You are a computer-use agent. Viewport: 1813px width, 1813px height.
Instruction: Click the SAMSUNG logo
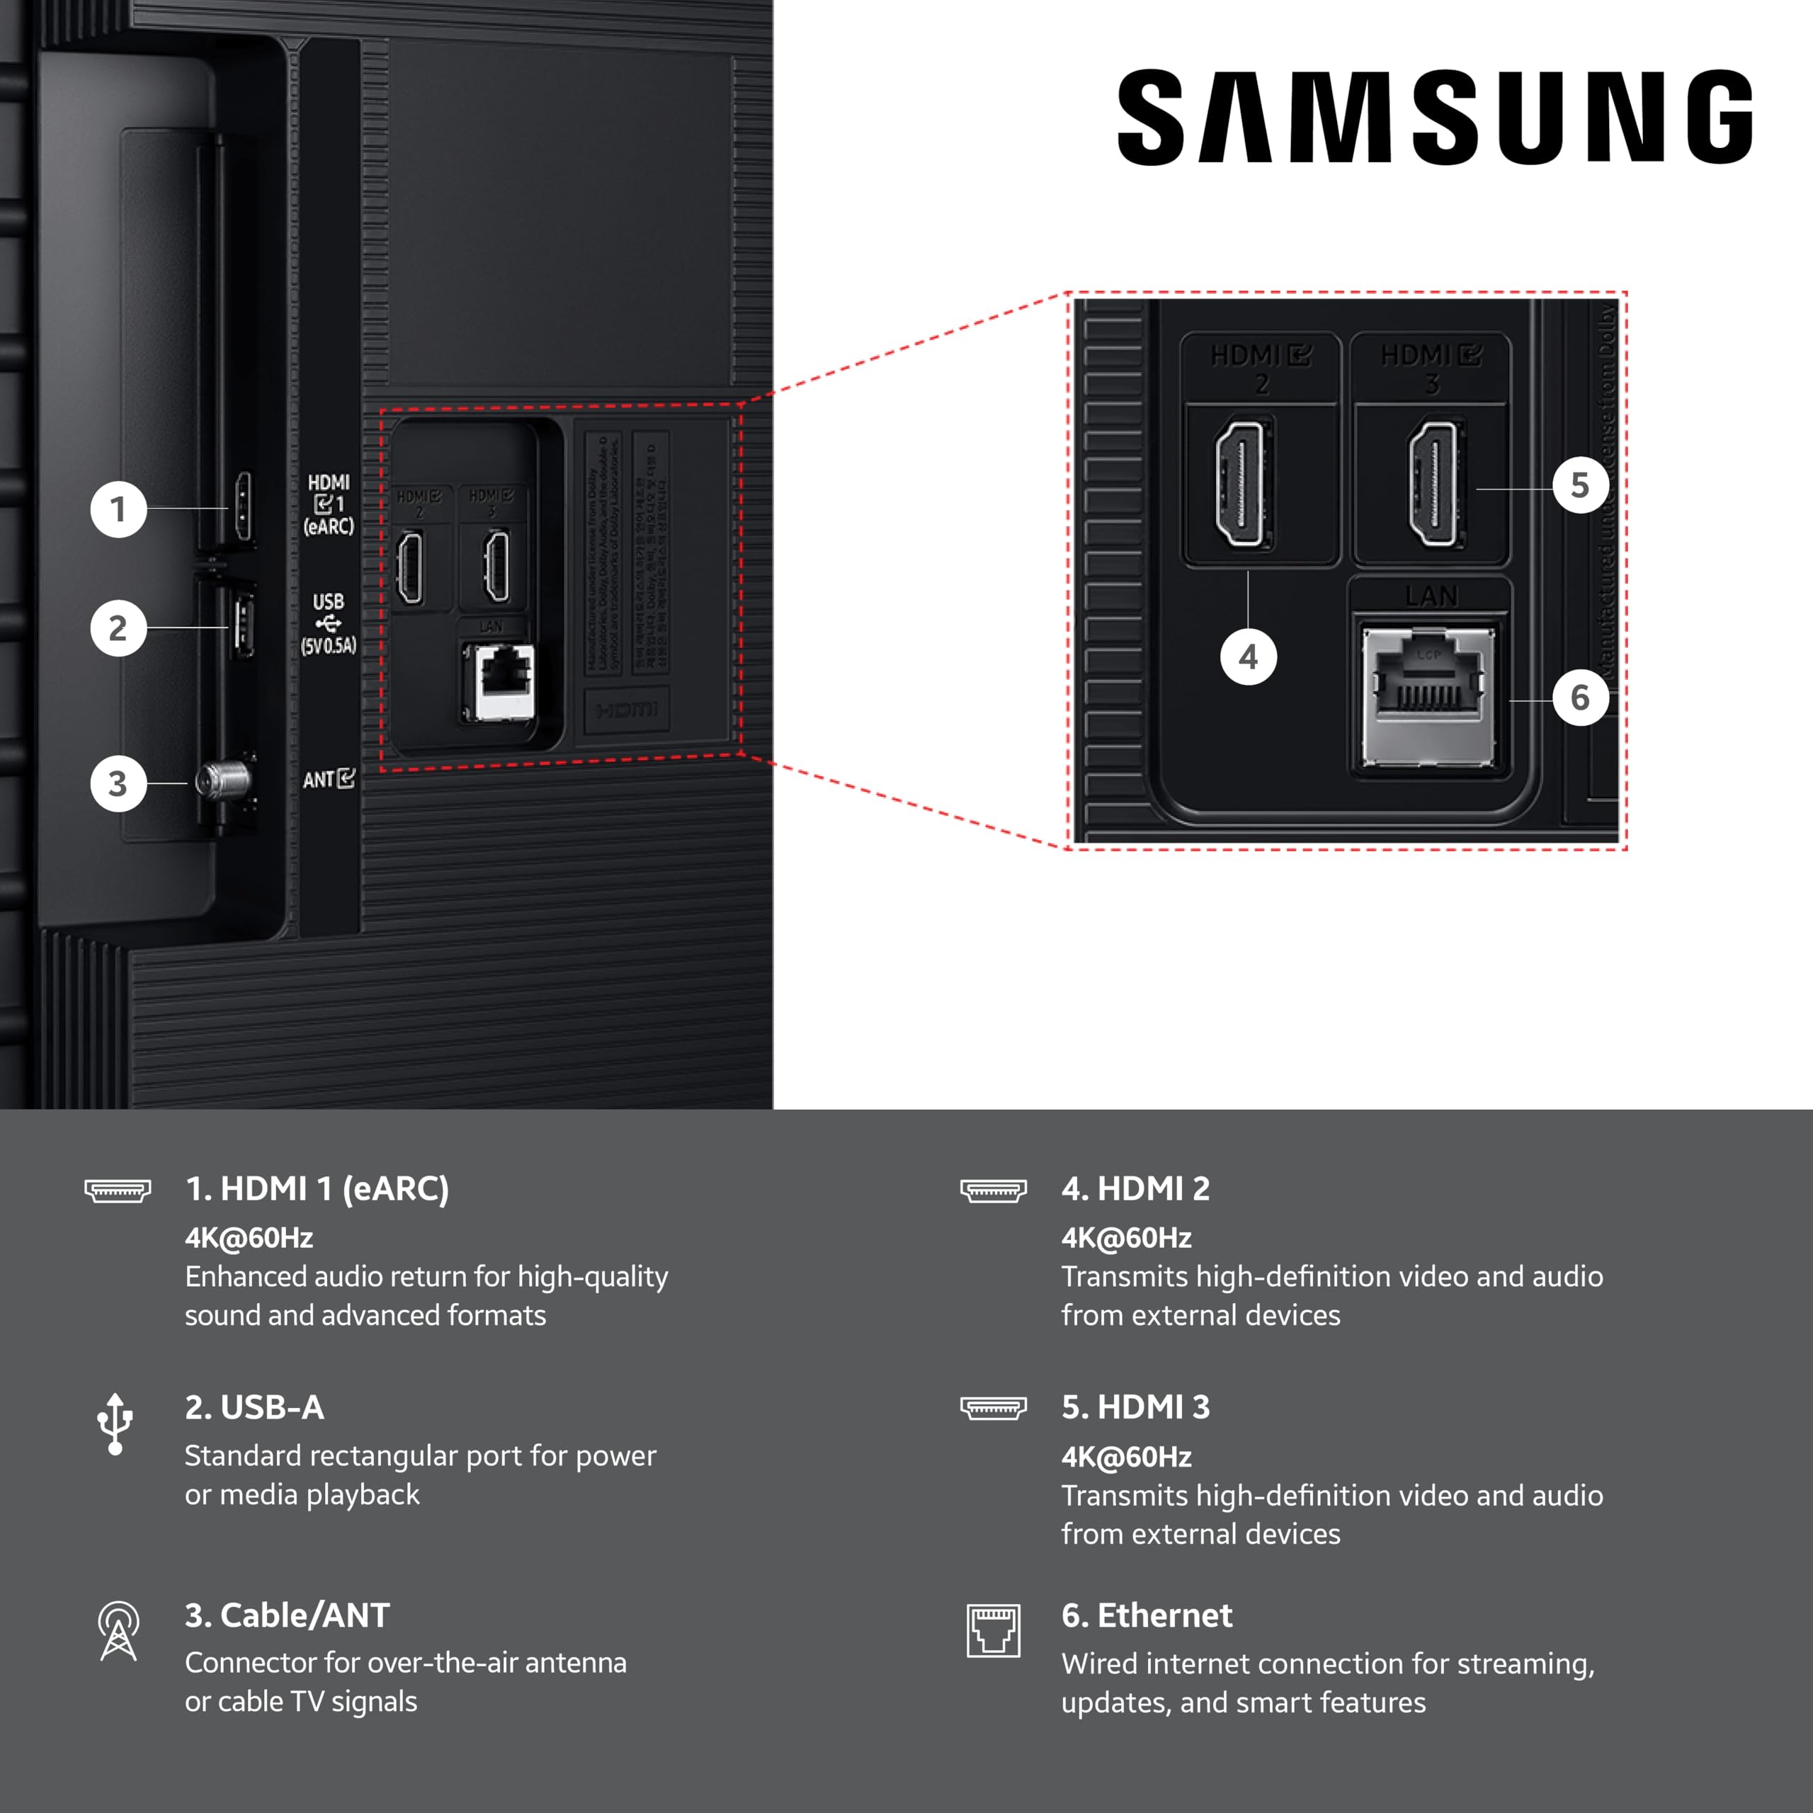(1434, 118)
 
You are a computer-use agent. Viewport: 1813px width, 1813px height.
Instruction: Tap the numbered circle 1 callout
(118, 510)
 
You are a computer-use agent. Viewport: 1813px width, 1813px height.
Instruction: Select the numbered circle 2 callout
(118, 627)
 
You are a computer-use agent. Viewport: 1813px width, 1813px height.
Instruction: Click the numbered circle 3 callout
(118, 783)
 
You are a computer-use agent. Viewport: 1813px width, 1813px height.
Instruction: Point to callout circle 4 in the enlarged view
(1248, 657)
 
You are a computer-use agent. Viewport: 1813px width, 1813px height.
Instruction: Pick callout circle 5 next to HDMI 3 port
(1580, 485)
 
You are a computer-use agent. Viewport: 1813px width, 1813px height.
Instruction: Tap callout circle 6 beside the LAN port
(1580, 698)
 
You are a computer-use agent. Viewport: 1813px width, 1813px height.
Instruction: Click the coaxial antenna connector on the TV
(223, 780)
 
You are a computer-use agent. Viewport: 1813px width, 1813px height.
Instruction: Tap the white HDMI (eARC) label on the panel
(329, 504)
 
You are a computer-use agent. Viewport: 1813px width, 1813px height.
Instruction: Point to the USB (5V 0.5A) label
(329, 623)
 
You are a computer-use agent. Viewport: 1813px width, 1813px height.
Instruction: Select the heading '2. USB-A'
(254, 1406)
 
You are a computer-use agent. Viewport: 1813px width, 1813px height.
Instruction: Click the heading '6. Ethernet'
(1147, 1615)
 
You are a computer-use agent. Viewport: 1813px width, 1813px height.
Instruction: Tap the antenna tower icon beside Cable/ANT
(118, 1631)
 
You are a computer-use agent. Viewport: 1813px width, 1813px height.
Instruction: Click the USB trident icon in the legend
(115, 1423)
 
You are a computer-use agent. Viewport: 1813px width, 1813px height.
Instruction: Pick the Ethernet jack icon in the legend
(993, 1631)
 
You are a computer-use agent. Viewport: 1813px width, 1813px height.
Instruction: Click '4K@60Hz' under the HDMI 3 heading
(1126, 1456)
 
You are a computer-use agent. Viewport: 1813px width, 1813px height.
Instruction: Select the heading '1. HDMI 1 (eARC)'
(317, 1188)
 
